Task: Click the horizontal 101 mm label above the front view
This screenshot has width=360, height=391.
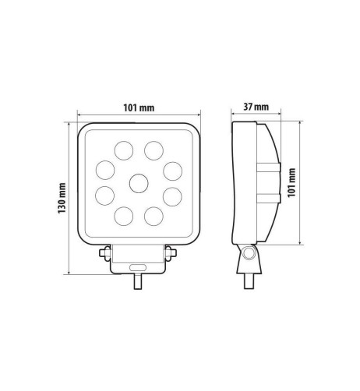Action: (139, 107)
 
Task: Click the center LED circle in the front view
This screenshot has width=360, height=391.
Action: (139, 183)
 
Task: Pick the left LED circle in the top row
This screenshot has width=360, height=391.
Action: (123, 149)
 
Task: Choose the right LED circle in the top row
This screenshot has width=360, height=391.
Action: (154, 149)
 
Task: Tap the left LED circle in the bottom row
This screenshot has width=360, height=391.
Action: (123, 216)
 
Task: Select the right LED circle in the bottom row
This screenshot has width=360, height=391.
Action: (154, 216)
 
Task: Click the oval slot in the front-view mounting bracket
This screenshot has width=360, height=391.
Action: (138, 266)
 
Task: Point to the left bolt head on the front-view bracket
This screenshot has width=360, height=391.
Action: (104, 253)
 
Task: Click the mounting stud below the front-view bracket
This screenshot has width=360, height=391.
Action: (138, 282)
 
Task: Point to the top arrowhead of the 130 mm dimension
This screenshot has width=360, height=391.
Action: (70, 124)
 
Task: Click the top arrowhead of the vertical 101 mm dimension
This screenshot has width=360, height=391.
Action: (301, 123)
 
